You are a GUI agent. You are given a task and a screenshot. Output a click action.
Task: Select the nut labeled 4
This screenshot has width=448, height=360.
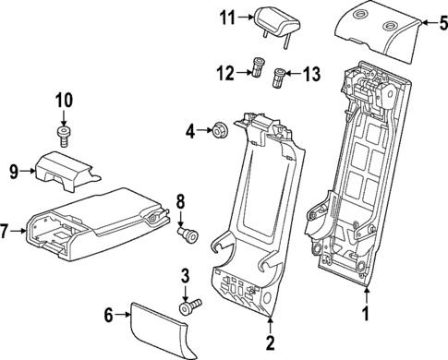pyautogui.click(x=220, y=130)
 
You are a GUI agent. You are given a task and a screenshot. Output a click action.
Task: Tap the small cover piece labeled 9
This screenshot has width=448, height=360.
pyautogui.click(x=65, y=167)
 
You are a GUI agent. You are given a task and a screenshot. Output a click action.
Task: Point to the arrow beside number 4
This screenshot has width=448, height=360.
pyautogui.click(x=205, y=131)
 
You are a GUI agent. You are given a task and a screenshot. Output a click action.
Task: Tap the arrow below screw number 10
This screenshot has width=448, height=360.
pyautogui.click(x=64, y=121)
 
